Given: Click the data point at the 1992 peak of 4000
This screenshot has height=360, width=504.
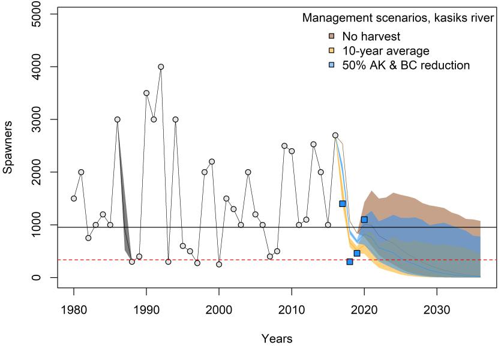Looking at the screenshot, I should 161,67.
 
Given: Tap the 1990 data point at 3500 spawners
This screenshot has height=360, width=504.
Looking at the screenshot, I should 146,93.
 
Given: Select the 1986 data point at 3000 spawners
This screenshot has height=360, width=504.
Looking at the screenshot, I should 118,119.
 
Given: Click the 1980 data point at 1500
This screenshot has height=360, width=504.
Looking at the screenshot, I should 74,199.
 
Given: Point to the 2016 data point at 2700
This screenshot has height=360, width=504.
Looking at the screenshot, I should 335,135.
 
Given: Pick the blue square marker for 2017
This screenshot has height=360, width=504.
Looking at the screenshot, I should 343,204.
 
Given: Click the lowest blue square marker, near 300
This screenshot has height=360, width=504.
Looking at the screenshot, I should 350,262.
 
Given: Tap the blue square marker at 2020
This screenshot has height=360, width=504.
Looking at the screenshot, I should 364,220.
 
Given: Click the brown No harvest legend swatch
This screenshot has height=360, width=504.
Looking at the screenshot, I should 331,36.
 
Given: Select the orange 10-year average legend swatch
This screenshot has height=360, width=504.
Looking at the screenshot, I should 331,50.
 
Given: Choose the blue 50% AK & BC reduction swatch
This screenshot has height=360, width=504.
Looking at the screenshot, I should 331,65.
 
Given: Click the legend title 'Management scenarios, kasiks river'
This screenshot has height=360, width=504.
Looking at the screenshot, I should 398,19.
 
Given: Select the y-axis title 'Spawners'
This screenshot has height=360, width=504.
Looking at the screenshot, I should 8,146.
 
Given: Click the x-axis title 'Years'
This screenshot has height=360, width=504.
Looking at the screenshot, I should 277,340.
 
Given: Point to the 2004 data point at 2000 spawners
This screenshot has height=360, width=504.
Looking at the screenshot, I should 248,172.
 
